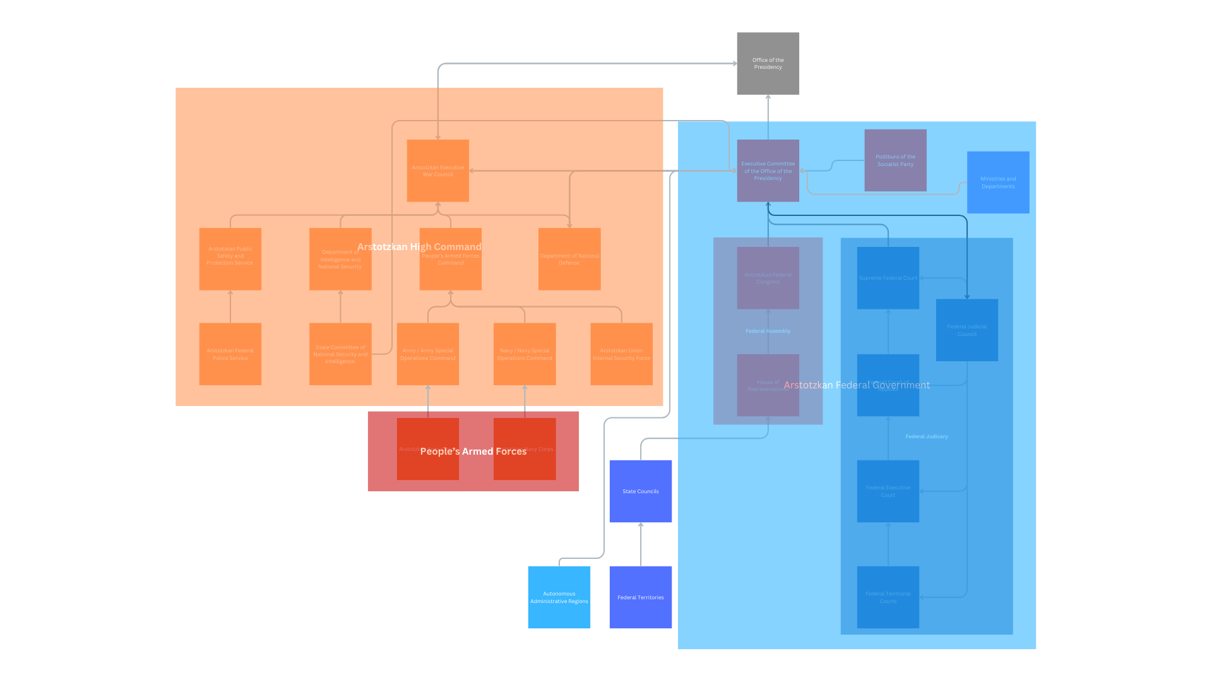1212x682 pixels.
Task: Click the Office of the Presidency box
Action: click(768, 63)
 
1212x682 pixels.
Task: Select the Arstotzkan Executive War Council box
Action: click(437, 170)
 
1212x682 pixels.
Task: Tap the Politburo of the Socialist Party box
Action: click(895, 160)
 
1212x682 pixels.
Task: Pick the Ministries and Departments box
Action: click(998, 182)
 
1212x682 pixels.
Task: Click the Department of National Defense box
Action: click(569, 259)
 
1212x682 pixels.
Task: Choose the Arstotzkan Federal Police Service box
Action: click(230, 354)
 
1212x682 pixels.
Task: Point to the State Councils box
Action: click(640, 491)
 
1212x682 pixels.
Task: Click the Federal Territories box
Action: click(640, 597)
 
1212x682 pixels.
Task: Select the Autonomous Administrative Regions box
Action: click(559, 597)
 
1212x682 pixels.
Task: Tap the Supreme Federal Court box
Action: click(888, 278)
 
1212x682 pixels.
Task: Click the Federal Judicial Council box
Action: click(966, 330)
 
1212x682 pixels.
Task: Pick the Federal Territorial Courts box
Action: click(888, 597)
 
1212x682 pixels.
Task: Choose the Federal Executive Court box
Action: click(888, 491)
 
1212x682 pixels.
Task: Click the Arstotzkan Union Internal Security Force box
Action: click(621, 354)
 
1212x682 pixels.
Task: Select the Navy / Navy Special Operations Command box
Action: click(524, 354)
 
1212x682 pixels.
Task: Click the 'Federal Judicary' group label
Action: click(926, 436)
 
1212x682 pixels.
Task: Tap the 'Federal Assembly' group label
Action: click(768, 331)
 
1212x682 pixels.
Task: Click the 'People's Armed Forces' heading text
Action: click(473, 452)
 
